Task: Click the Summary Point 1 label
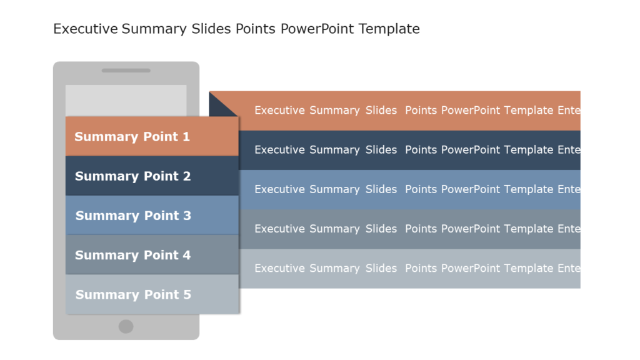pyautogui.click(x=132, y=137)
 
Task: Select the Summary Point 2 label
pyautogui.click(x=132, y=176)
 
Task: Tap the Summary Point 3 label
pyautogui.click(x=133, y=216)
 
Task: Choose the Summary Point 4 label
pyautogui.click(x=132, y=255)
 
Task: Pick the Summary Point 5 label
pyautogui.click(x=133, y=294)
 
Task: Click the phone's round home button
pyautogui.click(x=126, y=326)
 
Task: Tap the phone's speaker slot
pyautogui.click(x=126, y=71)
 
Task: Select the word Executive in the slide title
pyautogui.click(x=86, y=29)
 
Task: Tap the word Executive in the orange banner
pyautogui.click(x=279, y=111)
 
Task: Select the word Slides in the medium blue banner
pyautogui.click(x=381, y=189)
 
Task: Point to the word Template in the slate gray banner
pyautogui.click(x=529, y=229)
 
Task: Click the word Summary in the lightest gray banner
pyautogui.click(x=334, y=268)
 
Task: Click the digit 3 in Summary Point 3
pyautogui.click(x=187, y=216)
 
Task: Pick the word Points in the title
pyautogui.click(x=255, y=29)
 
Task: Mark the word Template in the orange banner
pyautogui.click(x=529, y=111)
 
